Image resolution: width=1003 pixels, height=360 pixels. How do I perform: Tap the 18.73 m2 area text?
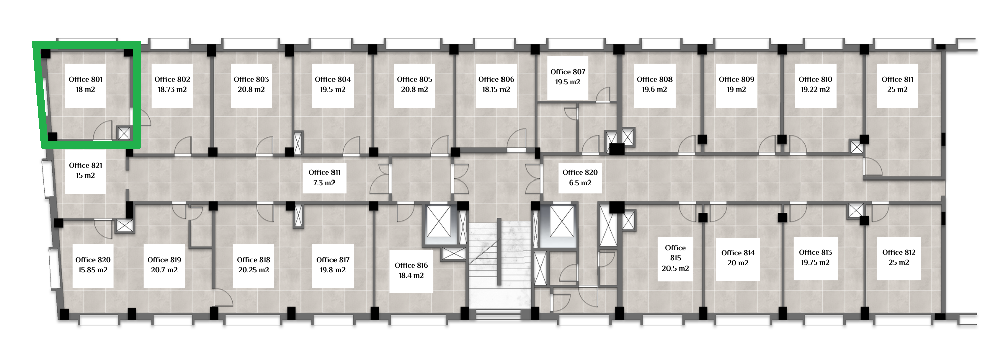point(172,90)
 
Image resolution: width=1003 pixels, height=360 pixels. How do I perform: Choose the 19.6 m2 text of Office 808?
point(654,90)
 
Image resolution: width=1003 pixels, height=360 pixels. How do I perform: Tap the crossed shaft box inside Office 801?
point(124,133)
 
